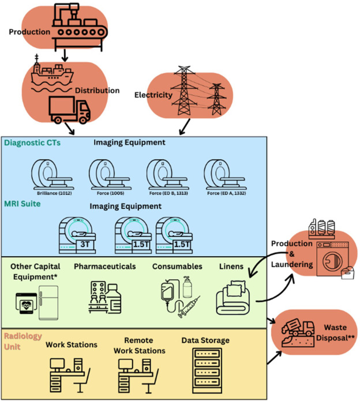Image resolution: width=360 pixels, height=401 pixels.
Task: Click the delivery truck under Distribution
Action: (x=69, y=110)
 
